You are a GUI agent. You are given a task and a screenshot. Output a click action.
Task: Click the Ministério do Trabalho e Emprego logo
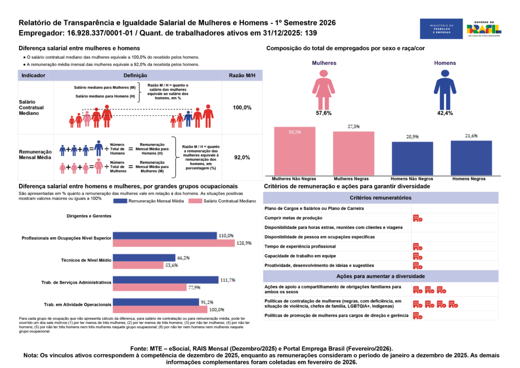point(441,29)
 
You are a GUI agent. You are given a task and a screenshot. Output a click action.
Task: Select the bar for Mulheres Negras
point(353,154)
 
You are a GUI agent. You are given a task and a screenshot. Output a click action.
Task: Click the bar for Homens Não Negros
point(412,159)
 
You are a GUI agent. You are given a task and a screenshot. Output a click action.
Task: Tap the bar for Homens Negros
point(471,158)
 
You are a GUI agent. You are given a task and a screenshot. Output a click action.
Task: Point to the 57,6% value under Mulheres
point(323,113)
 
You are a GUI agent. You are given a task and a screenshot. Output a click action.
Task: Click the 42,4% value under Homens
point(445,113)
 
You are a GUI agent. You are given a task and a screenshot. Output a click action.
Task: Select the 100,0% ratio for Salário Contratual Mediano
point(242,108)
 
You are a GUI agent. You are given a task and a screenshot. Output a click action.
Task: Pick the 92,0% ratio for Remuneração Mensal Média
point(242,158)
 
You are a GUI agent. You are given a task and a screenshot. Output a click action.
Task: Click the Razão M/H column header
point(242,75)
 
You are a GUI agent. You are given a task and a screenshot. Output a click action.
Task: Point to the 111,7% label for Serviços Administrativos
point(226,280)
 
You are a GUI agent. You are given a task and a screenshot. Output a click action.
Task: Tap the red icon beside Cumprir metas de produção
point(417,218)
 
